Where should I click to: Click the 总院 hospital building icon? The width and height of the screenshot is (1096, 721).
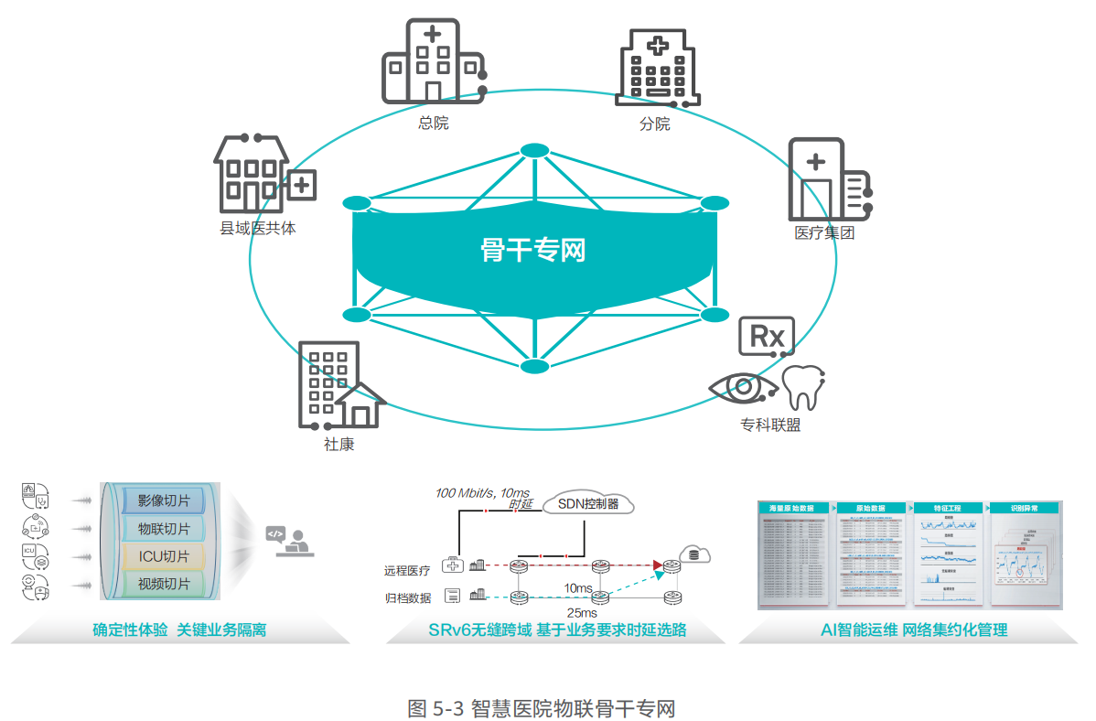(x=432, y=62)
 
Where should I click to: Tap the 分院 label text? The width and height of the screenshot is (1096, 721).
(x=654, y=124)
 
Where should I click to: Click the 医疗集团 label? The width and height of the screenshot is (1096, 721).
(x=824, y=232)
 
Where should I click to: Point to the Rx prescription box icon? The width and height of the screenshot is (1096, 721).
(x=767, y=336)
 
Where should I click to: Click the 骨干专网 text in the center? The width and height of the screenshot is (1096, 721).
(x=532, y=250)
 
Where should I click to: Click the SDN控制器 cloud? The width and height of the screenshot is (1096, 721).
(x=587, y=504)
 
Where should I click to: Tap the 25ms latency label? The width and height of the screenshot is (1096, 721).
(x=582, y=612)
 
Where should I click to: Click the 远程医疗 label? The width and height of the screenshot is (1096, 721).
(x=407, y=570)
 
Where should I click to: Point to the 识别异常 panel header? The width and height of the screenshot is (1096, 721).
(x=1023, y=508)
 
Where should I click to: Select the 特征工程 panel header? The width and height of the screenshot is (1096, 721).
(x=947, y=508)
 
